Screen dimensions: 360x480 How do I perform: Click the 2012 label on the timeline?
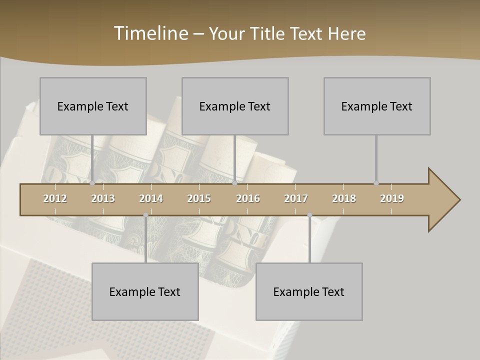[55, 198]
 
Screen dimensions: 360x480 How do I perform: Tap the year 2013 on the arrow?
[103, 198]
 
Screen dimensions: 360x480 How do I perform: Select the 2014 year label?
[151, 198]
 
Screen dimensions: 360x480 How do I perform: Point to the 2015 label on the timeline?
[199, 198]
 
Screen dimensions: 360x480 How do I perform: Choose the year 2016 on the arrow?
[248, 198]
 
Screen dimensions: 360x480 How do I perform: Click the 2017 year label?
[296, 198]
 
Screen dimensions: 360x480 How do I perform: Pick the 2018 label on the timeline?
[344, 198]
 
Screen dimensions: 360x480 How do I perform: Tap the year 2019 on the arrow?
[392, 198]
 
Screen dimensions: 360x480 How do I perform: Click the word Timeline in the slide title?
[150, 33]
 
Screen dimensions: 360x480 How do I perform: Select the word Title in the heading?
[268, 34]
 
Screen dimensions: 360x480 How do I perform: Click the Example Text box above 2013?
[93, 106]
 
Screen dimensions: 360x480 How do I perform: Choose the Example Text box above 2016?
[235, 106]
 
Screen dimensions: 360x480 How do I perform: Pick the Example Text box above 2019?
[377, 106]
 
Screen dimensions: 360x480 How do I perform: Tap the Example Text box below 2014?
[145, 291]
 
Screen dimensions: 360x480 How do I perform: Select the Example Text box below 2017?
[309, 291]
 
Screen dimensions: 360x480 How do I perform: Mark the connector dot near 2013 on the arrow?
[92, 183]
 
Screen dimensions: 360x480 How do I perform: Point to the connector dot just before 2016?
[235, 183]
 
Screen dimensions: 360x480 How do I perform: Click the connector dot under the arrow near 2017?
[309, 215]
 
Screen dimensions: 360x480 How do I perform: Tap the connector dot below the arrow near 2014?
[145, 215]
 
